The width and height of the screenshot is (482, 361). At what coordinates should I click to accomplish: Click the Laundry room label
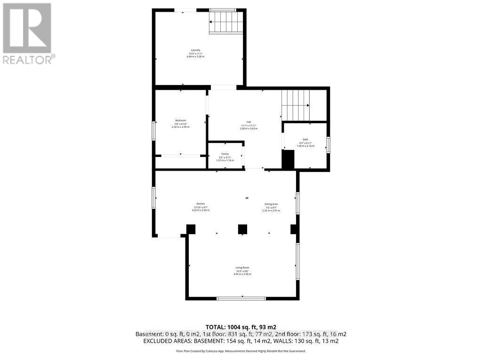[x=195, y=50]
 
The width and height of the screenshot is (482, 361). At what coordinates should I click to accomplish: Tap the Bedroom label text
[x=181, y=120]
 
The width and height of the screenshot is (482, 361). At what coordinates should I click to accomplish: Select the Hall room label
[x=249, y=122]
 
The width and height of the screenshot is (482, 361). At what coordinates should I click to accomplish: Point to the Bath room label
[x=305, y=140]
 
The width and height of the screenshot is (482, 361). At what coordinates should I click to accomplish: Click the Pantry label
[x=225, y=154]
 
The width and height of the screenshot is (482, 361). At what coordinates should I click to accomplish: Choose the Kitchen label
[x=200, y=204]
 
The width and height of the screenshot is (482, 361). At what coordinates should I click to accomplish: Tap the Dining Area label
[x=271, y=204]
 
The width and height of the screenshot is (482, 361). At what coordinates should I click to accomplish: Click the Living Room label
[x=242, y=267]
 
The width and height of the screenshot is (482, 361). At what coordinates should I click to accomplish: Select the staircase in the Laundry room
[x=227, y=23]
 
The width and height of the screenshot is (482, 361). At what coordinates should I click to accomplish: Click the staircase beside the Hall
[x=297, y=105]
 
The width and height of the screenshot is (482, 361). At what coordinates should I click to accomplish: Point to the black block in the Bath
[x=288, y=159]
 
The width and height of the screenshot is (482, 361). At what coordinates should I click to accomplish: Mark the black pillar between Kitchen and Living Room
[x=242, y=229]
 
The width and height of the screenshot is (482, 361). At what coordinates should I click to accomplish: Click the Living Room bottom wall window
[x=241, y=298]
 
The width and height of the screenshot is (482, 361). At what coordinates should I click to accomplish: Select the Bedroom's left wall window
[x=154, y=130]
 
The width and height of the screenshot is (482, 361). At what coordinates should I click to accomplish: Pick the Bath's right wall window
[x=328, y=144]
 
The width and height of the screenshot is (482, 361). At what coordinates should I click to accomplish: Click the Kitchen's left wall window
[x=154, y=197]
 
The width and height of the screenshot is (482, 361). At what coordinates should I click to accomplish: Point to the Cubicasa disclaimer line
[x=241, y=351]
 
